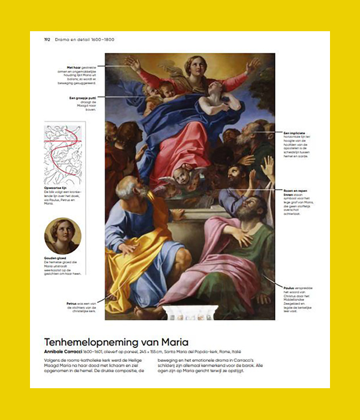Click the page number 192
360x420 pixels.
point(46,40)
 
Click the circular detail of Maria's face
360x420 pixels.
point(63,236)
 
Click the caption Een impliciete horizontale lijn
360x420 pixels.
point(298,143)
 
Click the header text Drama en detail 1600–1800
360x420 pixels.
point(85,40)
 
